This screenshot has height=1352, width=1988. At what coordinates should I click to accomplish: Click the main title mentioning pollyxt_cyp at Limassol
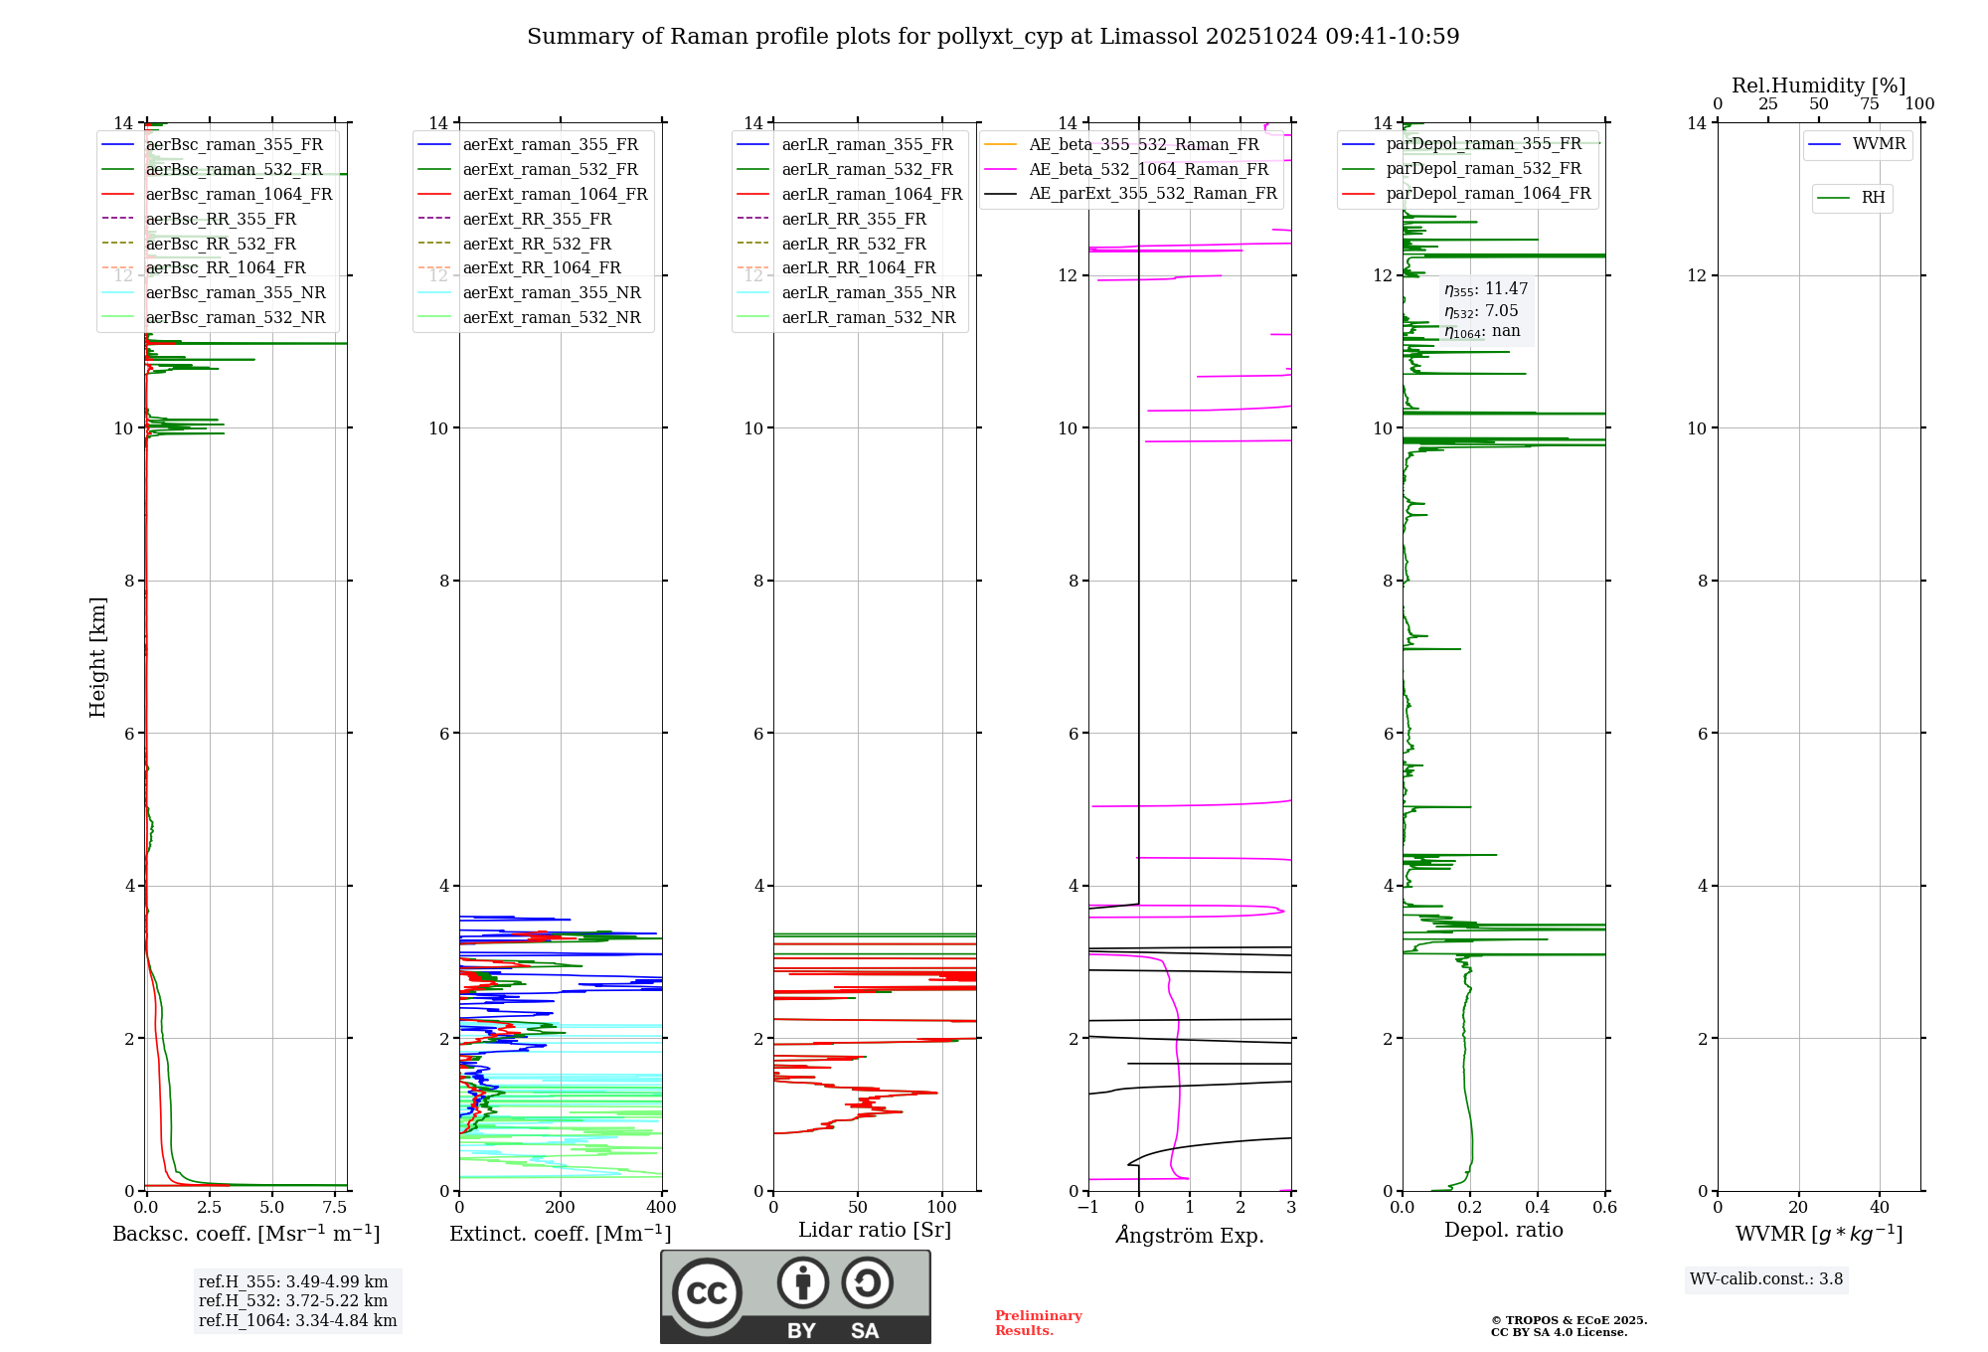[x=993, y=37]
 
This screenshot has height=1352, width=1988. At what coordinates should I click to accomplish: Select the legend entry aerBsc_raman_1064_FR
[x=239, y=194]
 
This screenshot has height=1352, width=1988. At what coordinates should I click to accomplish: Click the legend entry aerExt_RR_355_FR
[x=537, y=219]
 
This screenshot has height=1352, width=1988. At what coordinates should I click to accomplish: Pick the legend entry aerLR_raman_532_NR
[x=868, y=317]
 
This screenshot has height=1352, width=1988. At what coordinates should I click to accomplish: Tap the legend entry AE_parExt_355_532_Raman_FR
[x=1152, y=193]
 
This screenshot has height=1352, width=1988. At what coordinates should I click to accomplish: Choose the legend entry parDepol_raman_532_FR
[x=1483, y=168]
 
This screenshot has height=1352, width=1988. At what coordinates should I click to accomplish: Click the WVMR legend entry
[x=1879, y=144]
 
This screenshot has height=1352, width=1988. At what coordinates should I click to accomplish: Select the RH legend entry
[x=1873, y=198]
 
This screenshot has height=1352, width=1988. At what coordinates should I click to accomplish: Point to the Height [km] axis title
[x=97, y=657]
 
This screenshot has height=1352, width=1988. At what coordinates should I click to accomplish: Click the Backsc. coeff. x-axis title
[x=247, y=1234]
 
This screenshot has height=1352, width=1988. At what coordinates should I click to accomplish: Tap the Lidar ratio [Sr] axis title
[x=875, y=1230]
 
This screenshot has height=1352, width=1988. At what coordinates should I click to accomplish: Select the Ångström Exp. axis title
[x=1190, y=1236]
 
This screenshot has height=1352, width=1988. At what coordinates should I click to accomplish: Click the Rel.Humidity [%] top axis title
[x=1818, y=85]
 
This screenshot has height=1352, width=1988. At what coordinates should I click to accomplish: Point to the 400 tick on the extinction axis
[x=661, y=1207]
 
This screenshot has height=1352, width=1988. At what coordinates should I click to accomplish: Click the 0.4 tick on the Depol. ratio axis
[x=1538, y=1207]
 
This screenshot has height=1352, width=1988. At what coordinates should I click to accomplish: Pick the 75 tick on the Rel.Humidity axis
[x=1869, y=104]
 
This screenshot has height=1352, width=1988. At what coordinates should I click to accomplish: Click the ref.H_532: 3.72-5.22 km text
[x=293, y=1300]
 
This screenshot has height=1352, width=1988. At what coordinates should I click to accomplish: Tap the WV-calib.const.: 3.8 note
[x=1766, y=1279]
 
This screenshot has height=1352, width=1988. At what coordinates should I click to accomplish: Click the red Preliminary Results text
[x=1038, y=1322]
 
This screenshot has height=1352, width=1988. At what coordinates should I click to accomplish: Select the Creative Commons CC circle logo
[x=707, y=1292]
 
